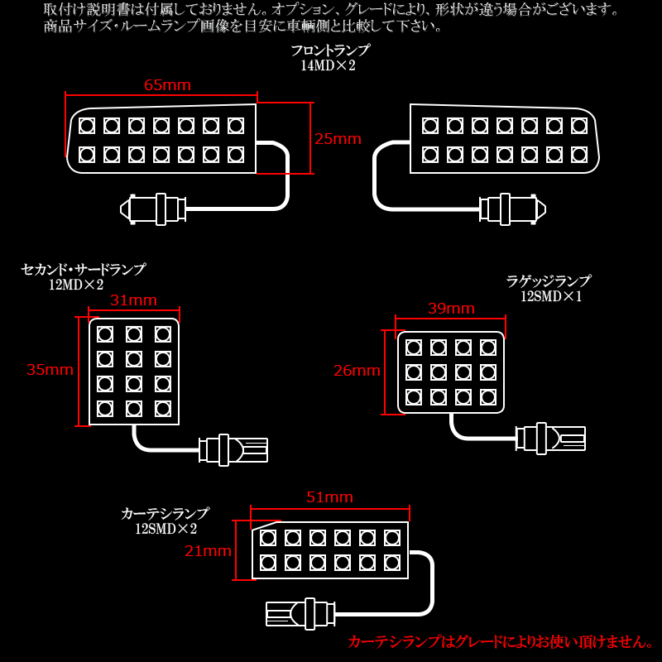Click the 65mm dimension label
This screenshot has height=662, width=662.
click(x=167, y=85)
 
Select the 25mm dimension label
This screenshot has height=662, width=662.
click(x=338, y=138)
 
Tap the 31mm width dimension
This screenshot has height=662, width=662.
click(x=133, y=300)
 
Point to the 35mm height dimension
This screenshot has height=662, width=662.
click(x=50, y=370)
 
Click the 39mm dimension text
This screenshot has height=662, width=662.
click(x=451, y=309)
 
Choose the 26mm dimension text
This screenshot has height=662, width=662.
click(x=357, y=371)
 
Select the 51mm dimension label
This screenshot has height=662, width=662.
click(x=329, y=497)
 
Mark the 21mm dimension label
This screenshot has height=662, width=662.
click(x=208, y=551)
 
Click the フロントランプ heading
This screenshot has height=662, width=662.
click(x=329, y=50)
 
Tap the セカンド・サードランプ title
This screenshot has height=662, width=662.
click(x=83, y=270)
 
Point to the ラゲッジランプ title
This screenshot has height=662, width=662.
click(x=549, y=281)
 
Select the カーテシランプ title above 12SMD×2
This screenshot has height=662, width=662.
click(x=165, y=514)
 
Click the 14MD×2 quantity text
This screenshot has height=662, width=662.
click(x=328, y=66)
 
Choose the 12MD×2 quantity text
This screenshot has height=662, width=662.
click(x=76, y=285)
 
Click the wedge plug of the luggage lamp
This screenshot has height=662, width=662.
click(x=551, y=438)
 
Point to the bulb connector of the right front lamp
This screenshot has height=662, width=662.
click(x=513, y=209)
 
